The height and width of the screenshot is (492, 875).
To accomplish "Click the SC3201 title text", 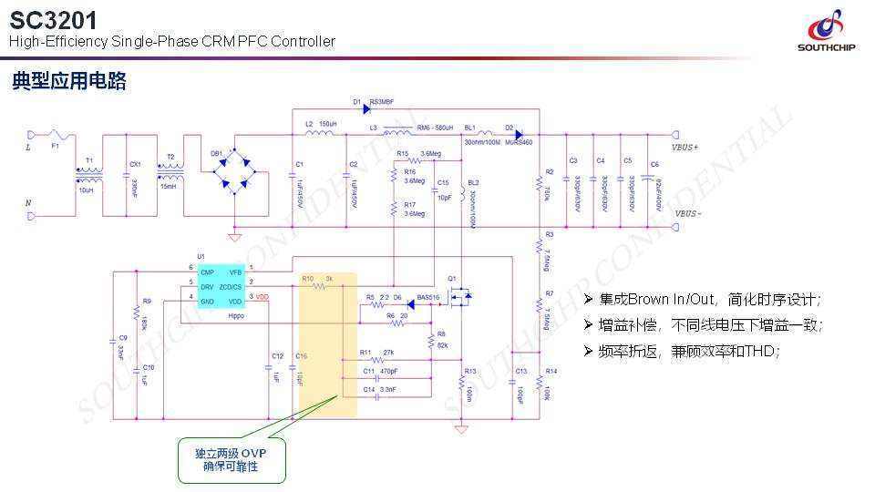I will pos(53,18).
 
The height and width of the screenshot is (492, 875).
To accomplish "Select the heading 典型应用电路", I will pos(69,82).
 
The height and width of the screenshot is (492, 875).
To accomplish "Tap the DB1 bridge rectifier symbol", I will pos(235,170).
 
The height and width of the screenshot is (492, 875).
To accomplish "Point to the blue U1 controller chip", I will pos(221,285).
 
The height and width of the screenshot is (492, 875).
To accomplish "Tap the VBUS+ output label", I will pos(685,147).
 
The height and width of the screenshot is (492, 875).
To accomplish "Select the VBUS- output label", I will pos(687,214).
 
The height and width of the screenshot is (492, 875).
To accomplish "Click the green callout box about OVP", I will pos(232,459).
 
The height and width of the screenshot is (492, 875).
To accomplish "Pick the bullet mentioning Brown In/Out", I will pos(709,300).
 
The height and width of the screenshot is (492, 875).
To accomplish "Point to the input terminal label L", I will pos(27,147).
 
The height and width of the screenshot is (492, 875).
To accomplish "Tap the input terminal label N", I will pos(27,202).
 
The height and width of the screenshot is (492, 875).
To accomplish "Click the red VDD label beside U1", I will pos(262,297).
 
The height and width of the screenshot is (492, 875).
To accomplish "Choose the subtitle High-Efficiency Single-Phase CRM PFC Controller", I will pos(172,41).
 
